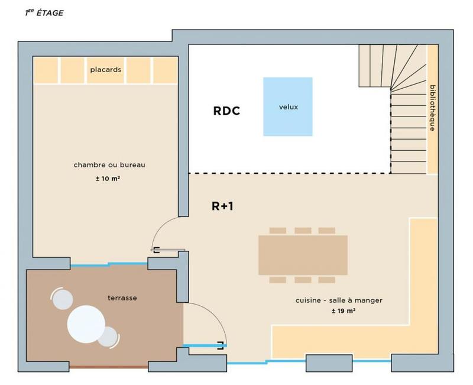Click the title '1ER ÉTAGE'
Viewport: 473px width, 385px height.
[44, 12]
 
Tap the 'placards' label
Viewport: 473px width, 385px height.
[106, 70]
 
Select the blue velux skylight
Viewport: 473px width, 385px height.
[288, 107]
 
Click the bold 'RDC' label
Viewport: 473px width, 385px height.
[226, 111]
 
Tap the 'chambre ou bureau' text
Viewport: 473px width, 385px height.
[109, 164]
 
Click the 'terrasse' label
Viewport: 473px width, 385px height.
[122, 298]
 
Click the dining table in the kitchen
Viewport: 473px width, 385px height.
[303, 254]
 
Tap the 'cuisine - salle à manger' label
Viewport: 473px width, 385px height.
[339, 300]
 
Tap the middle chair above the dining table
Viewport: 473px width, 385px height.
[303, 231]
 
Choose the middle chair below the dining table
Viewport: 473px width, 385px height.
[303, 279]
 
